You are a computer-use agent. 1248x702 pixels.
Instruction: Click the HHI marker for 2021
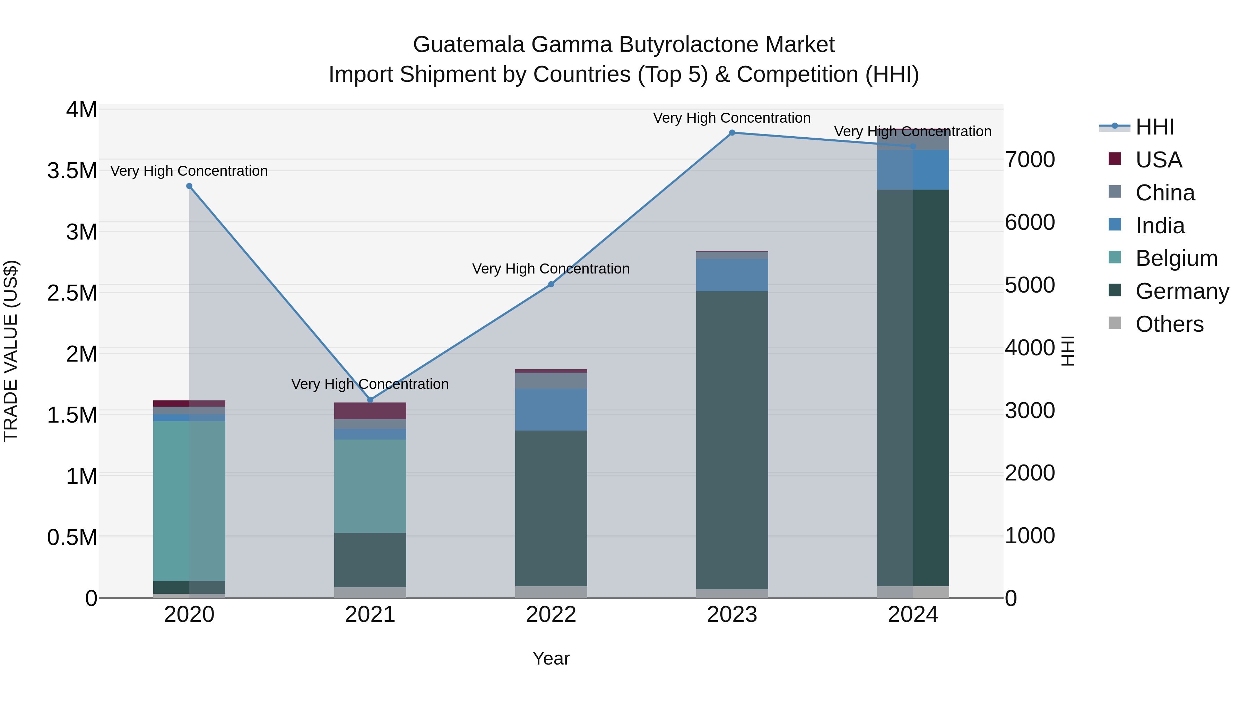click(370, 400)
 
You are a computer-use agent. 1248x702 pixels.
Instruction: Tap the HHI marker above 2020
click(189, 186)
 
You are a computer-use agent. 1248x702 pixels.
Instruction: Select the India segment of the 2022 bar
click(551, 409)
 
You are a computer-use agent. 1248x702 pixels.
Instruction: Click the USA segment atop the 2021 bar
click(370, 410)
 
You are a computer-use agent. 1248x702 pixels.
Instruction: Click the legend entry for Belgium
click(1176, 258)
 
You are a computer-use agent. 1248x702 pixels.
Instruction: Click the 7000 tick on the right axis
click(1030, 159)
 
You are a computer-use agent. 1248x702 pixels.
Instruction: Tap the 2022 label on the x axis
click(551, 615)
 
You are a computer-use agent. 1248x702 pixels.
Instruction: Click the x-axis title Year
click(551, 658)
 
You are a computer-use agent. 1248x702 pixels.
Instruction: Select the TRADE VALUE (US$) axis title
click(11, 351)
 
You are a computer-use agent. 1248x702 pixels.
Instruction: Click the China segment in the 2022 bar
click(551, 380)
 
